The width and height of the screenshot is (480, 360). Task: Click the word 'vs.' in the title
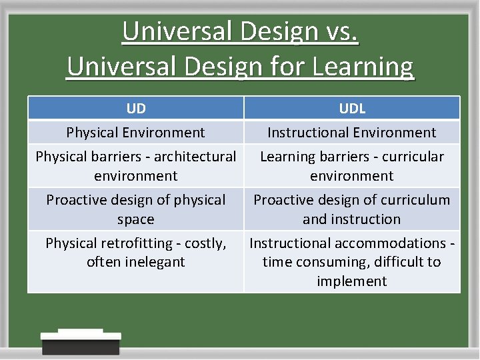tap(338, 32)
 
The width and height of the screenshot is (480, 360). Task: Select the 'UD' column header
tap(136, 109)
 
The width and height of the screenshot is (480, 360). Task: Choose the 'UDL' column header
tap(352, 109)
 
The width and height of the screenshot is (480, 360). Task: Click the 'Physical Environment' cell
tap(136, 133)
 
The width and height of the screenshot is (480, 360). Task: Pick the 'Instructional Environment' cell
tap(352, 133)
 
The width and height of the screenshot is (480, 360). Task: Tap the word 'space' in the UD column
tap(136, 219)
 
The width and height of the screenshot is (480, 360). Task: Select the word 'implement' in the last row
tap(352, 281)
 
